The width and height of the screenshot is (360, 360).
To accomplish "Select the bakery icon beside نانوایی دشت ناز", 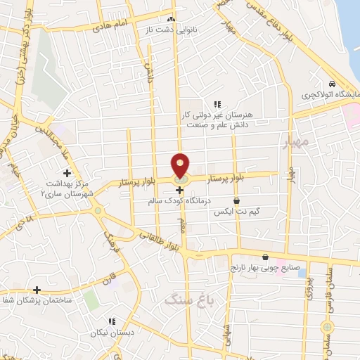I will [172, 19].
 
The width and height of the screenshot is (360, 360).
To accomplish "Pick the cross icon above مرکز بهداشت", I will [67, 173].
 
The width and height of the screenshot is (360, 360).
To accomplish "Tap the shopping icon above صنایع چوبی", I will [265, 257].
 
